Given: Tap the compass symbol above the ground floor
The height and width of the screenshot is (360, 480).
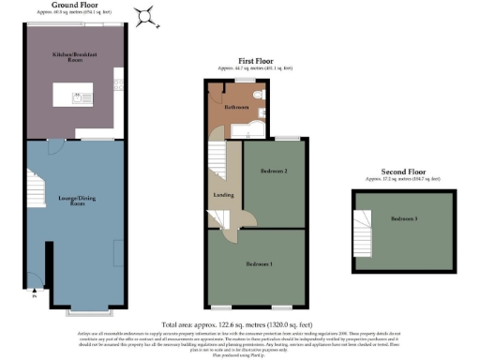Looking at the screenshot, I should coord(145,13).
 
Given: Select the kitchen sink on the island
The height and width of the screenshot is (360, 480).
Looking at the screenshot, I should coord(80,97).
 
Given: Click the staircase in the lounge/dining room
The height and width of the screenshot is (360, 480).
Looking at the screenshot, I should coord(36,188).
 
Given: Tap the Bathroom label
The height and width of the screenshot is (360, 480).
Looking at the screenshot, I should coord(235,108).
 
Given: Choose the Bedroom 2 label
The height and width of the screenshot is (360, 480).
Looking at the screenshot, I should coord(273,172).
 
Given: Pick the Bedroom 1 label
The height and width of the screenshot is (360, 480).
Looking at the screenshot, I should coord(259,264).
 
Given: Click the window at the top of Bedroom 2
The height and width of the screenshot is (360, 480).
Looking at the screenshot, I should coord(288,139).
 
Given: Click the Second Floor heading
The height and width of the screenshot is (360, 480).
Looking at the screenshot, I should coord(402,172).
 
